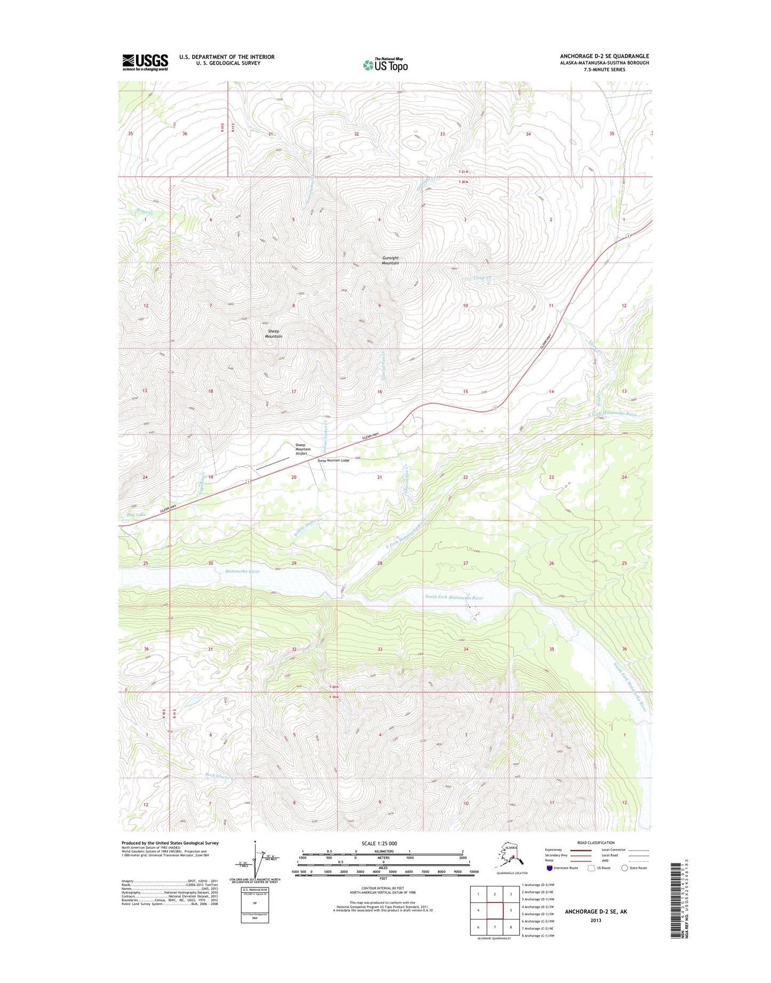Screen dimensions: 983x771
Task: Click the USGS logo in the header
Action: click(145, 62)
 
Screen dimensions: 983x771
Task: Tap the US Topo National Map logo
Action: click(385, 65)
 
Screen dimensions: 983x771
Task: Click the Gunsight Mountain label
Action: click(390, 260)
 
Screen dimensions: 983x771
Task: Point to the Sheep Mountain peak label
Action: click(273, 334)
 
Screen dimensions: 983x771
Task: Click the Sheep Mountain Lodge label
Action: click(333, 461)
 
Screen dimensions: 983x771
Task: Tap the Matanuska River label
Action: click(242, 572)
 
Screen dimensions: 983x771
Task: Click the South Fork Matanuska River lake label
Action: click(454, 598)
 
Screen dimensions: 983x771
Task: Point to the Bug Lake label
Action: click(136, 515)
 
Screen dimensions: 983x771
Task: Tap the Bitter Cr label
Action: click(144, 212)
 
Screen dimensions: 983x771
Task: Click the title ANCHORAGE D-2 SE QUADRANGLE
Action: click(604, 56)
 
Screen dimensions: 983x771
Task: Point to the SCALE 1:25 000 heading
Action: click(379, 844)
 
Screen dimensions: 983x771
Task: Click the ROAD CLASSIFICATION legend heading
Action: click(595, 843)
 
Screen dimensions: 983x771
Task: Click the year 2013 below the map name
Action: click(595, 921)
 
